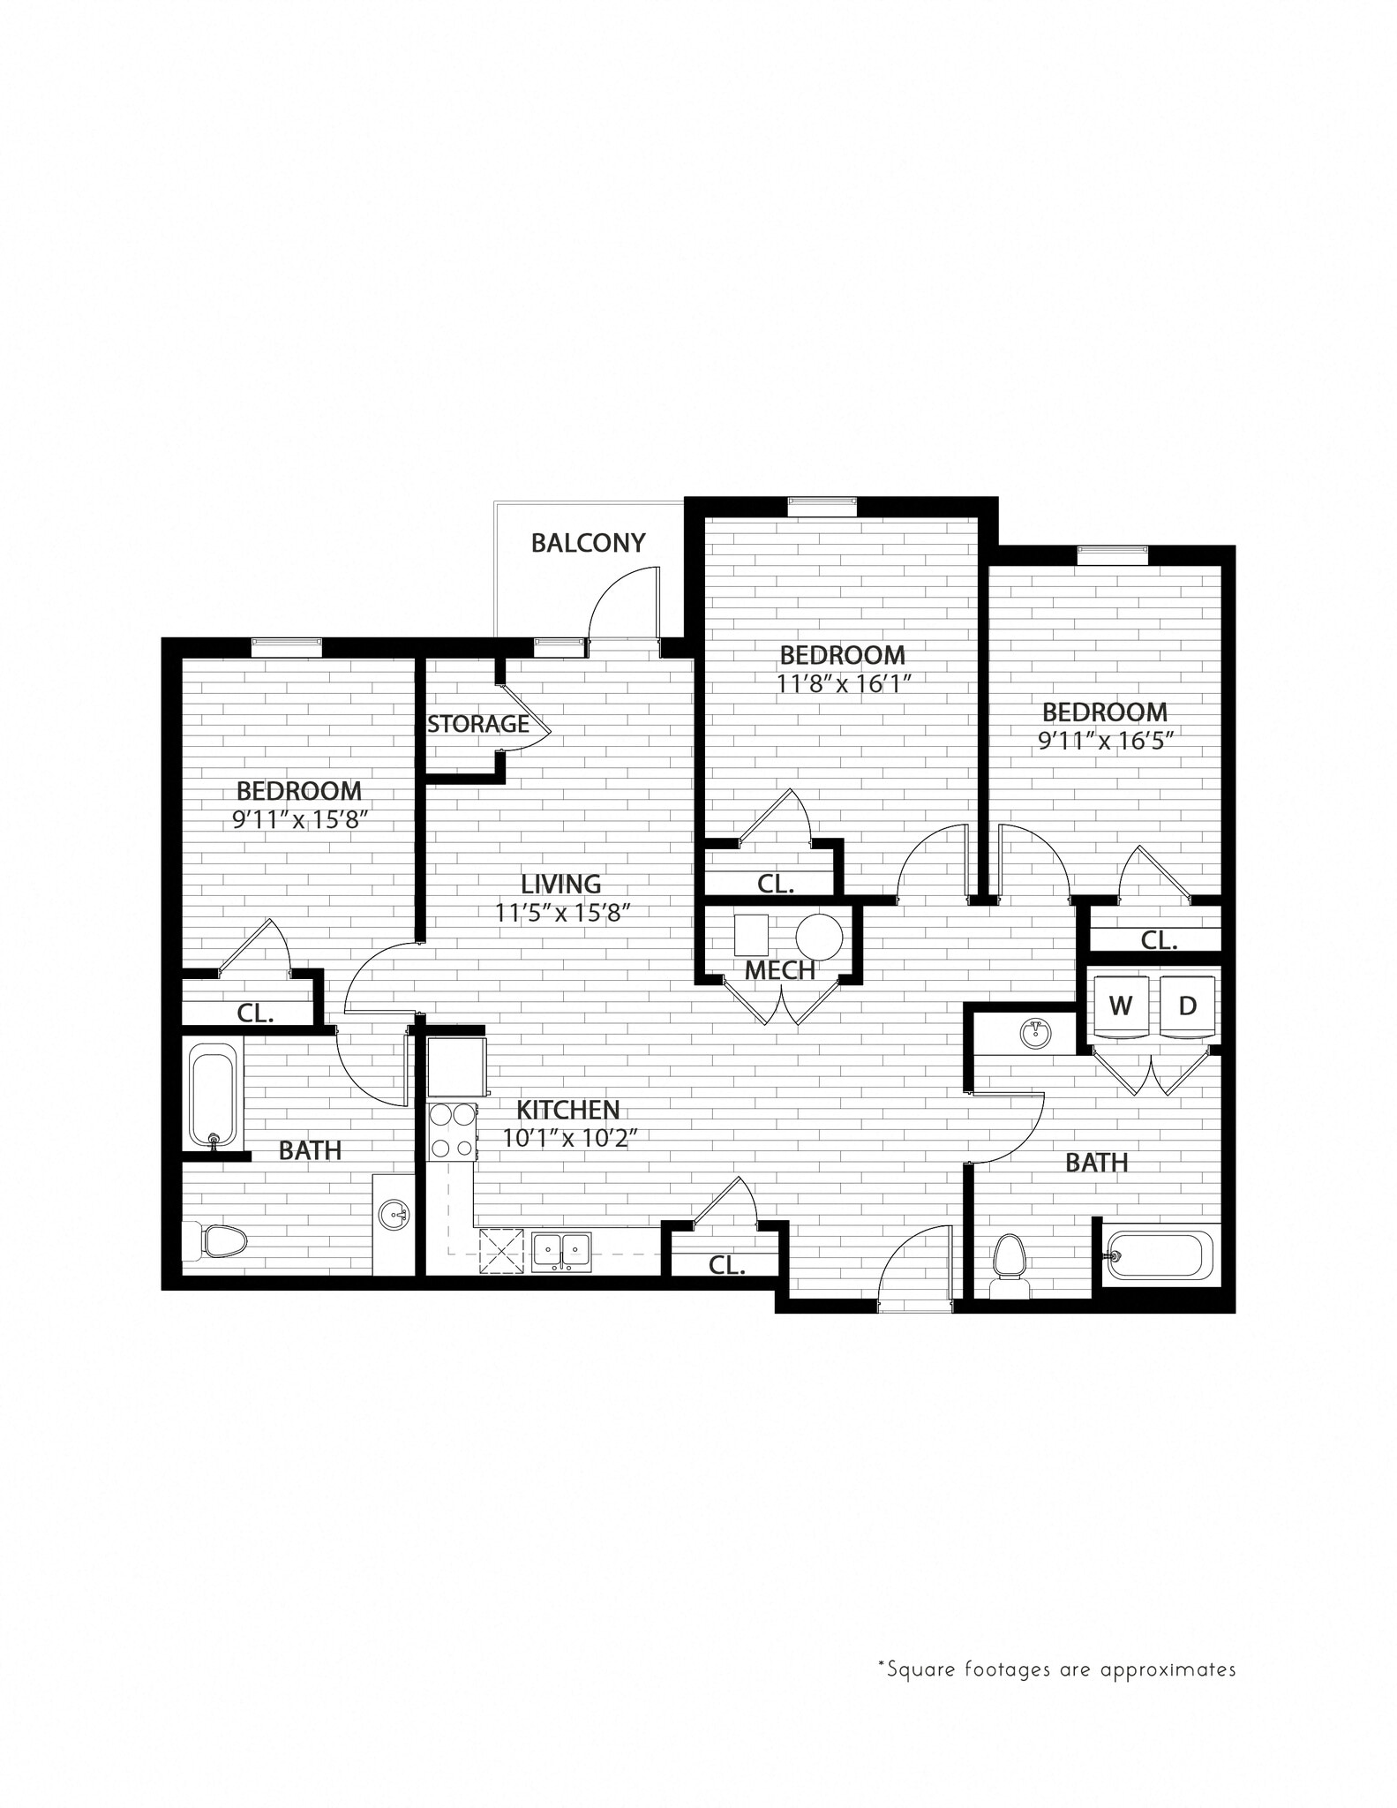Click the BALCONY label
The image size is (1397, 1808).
pos(588,542)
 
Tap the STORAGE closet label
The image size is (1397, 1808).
pos(478,724)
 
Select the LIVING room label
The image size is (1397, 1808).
pos(560,884)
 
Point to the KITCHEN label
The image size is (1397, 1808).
pos(568,1110)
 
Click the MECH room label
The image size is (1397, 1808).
pos(780,971)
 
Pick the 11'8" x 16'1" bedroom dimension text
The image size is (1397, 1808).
pos(843,684)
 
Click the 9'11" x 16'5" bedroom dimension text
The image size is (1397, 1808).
pos(1105,740)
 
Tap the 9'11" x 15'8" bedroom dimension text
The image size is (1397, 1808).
pos(299,820)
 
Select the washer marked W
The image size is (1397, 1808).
pos(1121,1006)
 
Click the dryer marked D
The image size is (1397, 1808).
pos(1188,1006)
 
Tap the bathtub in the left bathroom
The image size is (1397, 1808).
pos(213,1096)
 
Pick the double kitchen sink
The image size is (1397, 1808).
pos(561,1251)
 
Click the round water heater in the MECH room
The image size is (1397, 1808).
pos(819,937)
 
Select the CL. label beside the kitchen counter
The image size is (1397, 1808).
pos(727,1265)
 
